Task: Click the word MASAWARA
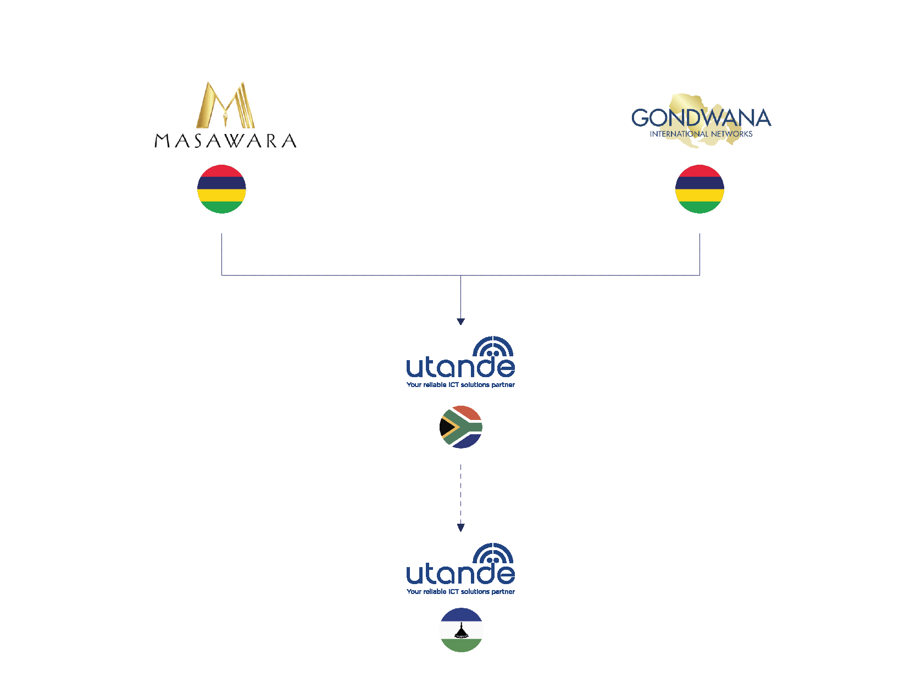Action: tap(225, 141)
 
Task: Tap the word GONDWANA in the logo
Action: tap(701, 118)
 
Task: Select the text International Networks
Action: tap(701, 134)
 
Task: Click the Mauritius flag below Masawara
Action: tap(221, 189)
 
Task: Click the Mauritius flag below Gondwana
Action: tap(700, 189)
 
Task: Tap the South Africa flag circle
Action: tap(460, 427)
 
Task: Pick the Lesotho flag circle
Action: tap(461, 630)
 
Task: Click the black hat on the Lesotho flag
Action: tap(461, 632)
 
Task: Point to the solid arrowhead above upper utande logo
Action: tap(460, 322)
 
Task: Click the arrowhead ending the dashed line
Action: tap(460, 528)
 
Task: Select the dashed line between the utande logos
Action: tap(460, 494)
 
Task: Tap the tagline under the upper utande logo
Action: tap(460, 385)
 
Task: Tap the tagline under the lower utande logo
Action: tap(460, 592)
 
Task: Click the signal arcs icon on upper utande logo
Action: tap(493, 346)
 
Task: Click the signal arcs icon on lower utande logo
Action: tap(493, 553)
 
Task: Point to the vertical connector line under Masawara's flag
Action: tap(221, 254)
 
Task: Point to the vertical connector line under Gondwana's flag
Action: tap(700, 254)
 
